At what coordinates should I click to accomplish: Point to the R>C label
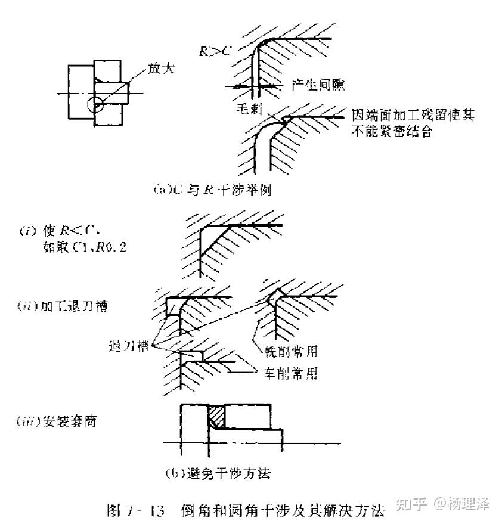(215, 52)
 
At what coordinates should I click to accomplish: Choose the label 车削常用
(292, 374)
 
